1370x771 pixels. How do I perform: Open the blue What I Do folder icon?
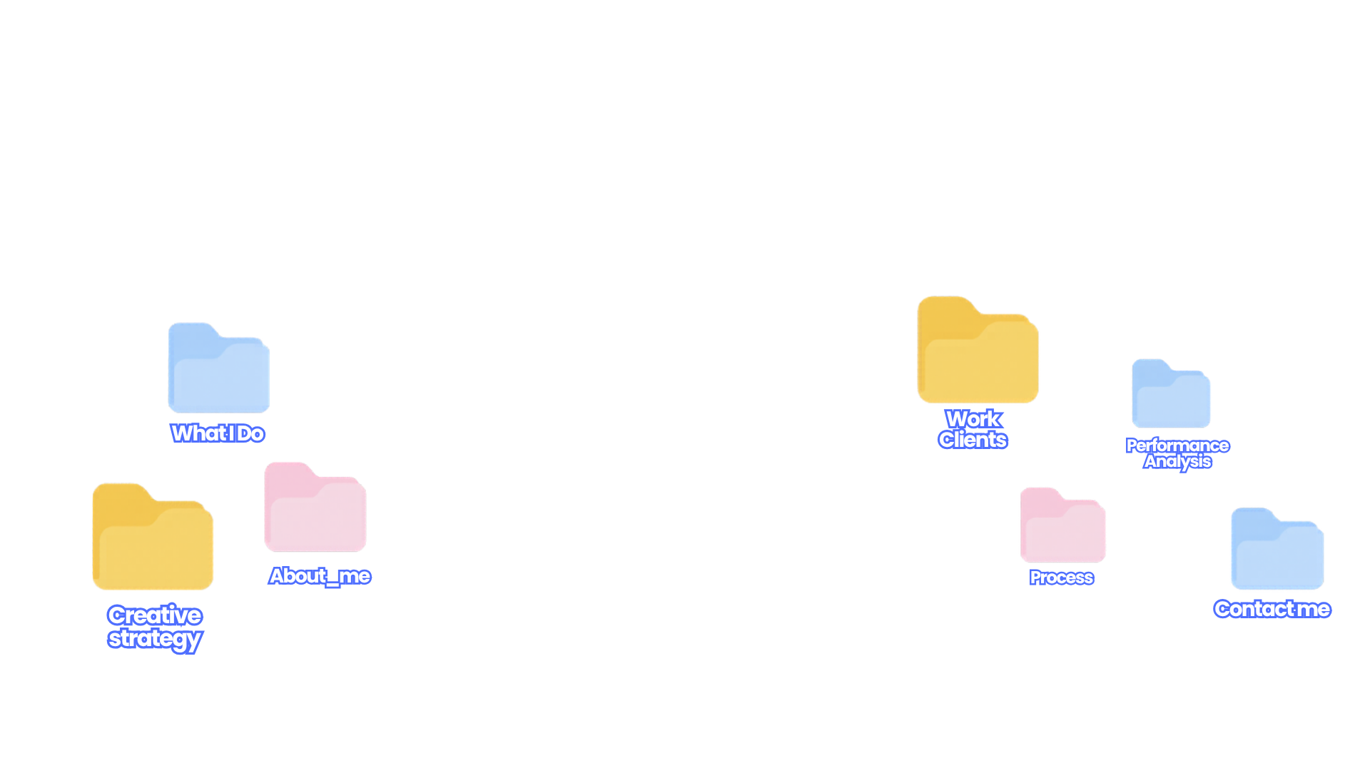tap(218, 368)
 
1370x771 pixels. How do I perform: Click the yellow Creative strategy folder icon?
tap(153, 537)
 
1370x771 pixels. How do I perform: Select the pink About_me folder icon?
tap(315, 507)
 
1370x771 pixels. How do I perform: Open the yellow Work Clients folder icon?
tap(978, 350)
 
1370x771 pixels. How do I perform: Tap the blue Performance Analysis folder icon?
tap(1171, 393)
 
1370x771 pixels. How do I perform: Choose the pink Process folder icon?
tap(1062, 525)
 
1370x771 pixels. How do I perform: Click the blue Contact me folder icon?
tap(1277, 548)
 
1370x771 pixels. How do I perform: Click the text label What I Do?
tap(218, 433)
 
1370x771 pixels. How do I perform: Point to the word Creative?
tap(155, 615)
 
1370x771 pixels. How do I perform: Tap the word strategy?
tap(155, 639)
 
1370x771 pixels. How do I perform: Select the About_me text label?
tap(320, 576)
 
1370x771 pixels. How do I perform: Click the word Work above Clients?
tap(973, 418)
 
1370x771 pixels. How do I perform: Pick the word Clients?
tap(973, 439)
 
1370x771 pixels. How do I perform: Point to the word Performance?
tap(1177, 445)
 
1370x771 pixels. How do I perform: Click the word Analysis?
tap(1177, 462)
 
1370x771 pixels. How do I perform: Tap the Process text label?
tap(1062, 578)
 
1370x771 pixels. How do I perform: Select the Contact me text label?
tap(1272, 609)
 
